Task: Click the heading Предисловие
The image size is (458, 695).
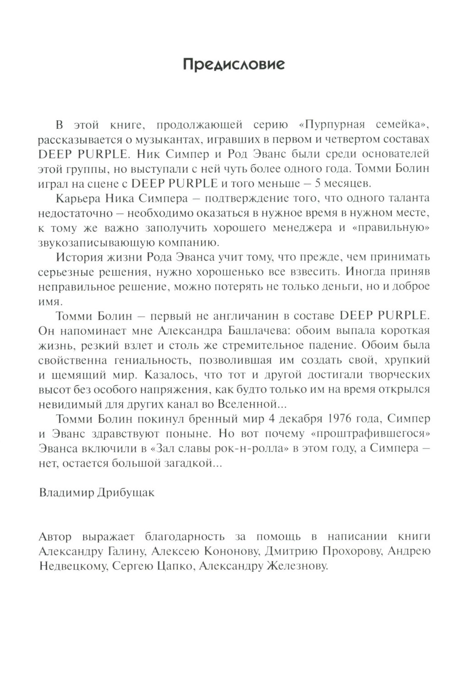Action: point(234,64)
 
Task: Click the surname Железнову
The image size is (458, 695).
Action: point(295,566)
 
